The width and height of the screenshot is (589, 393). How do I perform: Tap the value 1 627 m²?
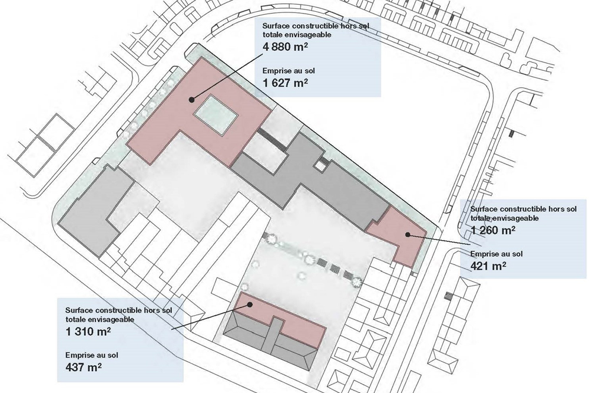pyautogui.click(x=285, y=83)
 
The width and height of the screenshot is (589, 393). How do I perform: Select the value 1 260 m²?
pyautogui.click(x=493, y=230)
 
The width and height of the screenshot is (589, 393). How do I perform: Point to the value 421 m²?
pyautogui.click(x=488, y=266)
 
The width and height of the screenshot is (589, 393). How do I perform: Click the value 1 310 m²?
pyautogui.click(x=88, y=332)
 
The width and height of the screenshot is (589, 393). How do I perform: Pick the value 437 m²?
pyautogui.click(x=84, y=367)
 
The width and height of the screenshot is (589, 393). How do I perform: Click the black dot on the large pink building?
pyautogui.click(x=191, y=100)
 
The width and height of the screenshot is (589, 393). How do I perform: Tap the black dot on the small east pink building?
pyautogui.click(x=407, y=234)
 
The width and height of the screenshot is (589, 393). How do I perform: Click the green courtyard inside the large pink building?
pyautogui.click(x=215, y=116)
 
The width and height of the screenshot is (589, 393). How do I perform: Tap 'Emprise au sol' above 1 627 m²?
pyautogui.click(x=289, y=71)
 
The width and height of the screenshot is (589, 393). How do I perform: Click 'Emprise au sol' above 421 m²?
pyautogui.click(x=496, y=254)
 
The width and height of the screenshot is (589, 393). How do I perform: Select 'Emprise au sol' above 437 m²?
pyautogui.click(x=92, y=355)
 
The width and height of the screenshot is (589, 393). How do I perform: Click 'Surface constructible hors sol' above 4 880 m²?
pyautogui.click(x=316, y=26)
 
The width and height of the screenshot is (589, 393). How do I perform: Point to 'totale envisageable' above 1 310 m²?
pyautogui.click(x=100, y=320)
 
